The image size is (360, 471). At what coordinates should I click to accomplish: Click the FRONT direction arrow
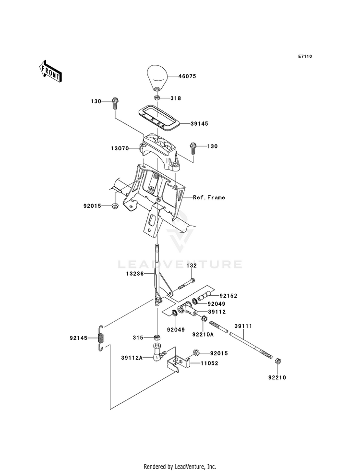50,71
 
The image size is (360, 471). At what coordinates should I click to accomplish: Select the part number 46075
187,76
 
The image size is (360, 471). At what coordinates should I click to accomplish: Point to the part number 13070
120,148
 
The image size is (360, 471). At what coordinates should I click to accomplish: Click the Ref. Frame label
209,197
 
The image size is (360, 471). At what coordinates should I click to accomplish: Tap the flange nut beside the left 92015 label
115,206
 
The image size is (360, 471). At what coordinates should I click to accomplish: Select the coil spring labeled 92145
101,338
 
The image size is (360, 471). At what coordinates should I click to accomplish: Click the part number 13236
135,274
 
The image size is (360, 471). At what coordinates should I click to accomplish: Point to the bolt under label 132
186,284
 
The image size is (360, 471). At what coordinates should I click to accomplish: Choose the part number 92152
228,296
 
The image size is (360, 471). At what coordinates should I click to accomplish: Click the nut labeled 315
156,338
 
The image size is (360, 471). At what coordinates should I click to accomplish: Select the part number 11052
209,363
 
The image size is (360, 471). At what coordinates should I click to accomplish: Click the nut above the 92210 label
278,361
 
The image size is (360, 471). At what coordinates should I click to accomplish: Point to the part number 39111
243,326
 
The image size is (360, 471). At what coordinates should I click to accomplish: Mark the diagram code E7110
305,56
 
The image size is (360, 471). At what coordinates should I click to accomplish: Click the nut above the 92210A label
203,319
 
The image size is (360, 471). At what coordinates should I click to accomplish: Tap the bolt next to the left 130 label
115,104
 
